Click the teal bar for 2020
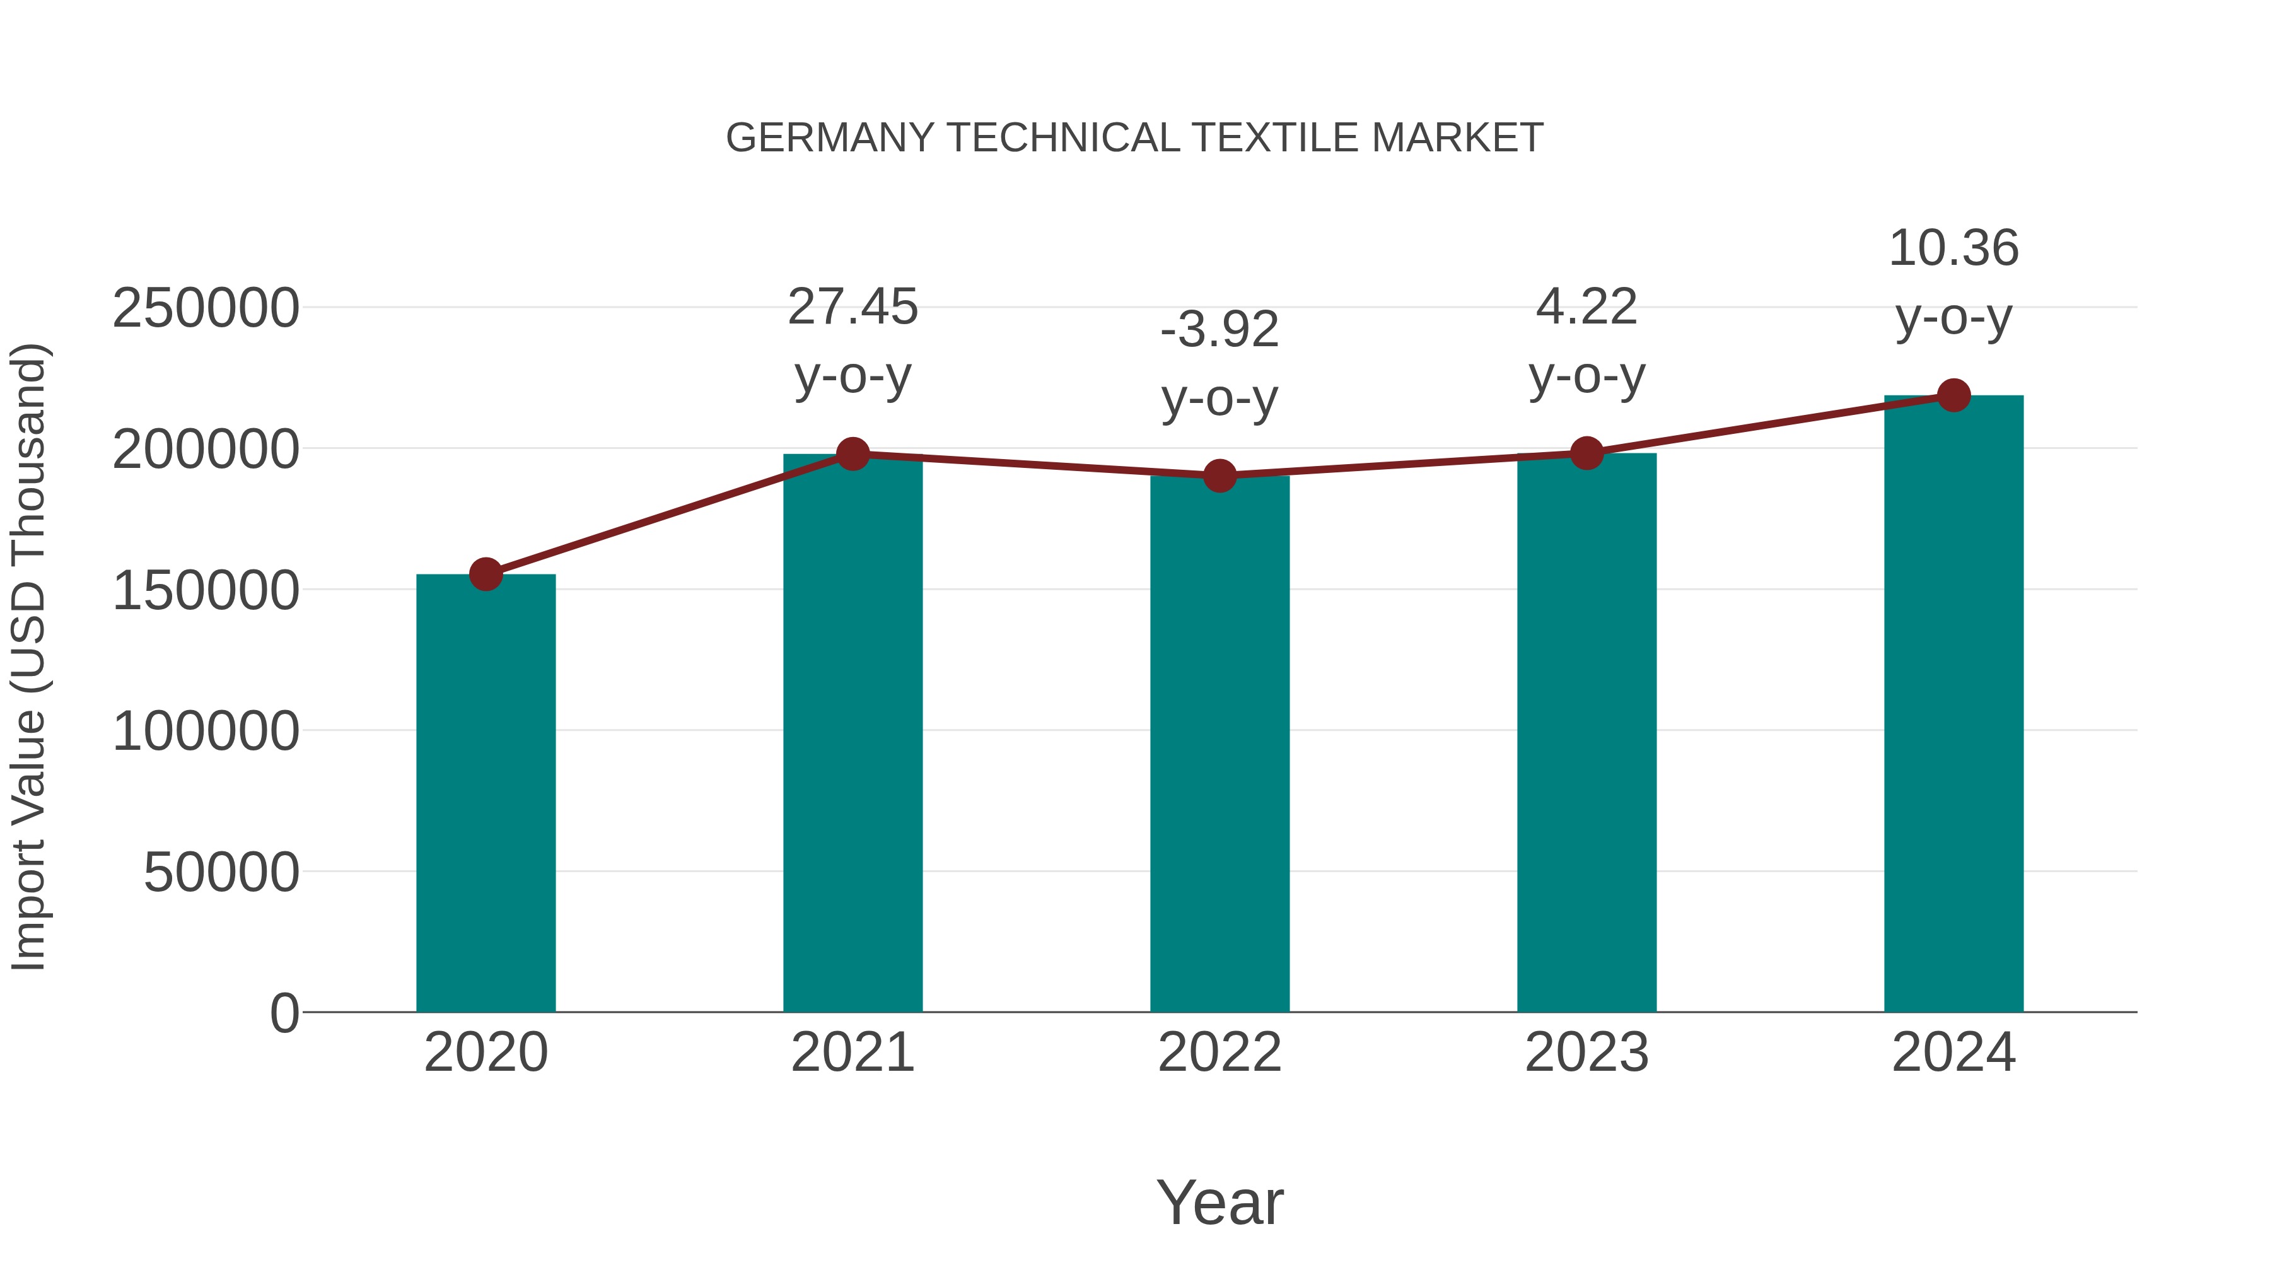coord(486,793)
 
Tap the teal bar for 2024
coord(1953,705)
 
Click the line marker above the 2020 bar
coord(486,574)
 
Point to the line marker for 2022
coord(1219,476)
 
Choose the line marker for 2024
coord(1953,395)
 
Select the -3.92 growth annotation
coord(1219,330)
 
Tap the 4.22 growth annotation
coord(1586,306)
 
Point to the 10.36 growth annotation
coord(1953,248)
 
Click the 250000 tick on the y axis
coord(206,308)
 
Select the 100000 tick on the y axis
coord(206,732)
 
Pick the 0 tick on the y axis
coord(284,1013)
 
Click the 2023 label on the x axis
coord(1586,1053)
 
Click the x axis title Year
coord(1219,1202)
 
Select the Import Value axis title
coord(28,656)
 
